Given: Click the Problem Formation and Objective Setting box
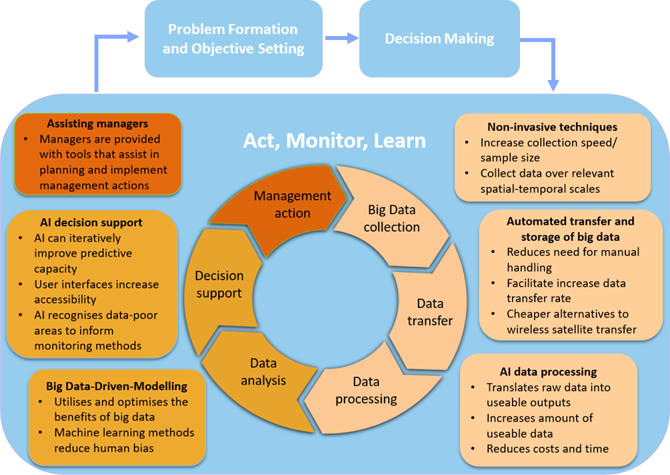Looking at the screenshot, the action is pyautogui.click(x=233, y=39).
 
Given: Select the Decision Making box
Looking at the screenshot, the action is pyautogui.click(x=439, y=39).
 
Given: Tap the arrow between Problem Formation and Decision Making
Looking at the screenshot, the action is pyautogui.click(x=341, y=39).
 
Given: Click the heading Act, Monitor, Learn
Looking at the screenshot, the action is pyautogui.click(x=334, y=141).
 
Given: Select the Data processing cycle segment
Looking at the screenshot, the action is pyautogui.click(x=366, y=390).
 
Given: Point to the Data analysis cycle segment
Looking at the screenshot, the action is pyautogui.click(x=268, y=372).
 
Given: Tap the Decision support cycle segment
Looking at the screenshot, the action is pyautogui.click(x=219, y=284).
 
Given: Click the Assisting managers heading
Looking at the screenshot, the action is pyautogui.click(x=97, y=123).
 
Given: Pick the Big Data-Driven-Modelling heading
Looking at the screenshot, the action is pyautogui.click(x=117, y=386).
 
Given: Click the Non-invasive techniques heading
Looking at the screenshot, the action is pyautogui.click(x=552, y=127).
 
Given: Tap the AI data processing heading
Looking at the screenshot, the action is pyautogui.click(x=548, y=372).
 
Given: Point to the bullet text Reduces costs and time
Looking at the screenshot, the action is pyautogui.click(x=547, y=448).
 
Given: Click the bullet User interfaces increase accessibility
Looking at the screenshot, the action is pyautogui.click(x=96, y=292).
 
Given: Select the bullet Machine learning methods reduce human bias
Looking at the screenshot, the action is pyautogui.click(x=124, y=440).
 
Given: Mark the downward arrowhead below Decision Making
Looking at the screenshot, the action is pyautogui.click(x=553, y=85).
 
